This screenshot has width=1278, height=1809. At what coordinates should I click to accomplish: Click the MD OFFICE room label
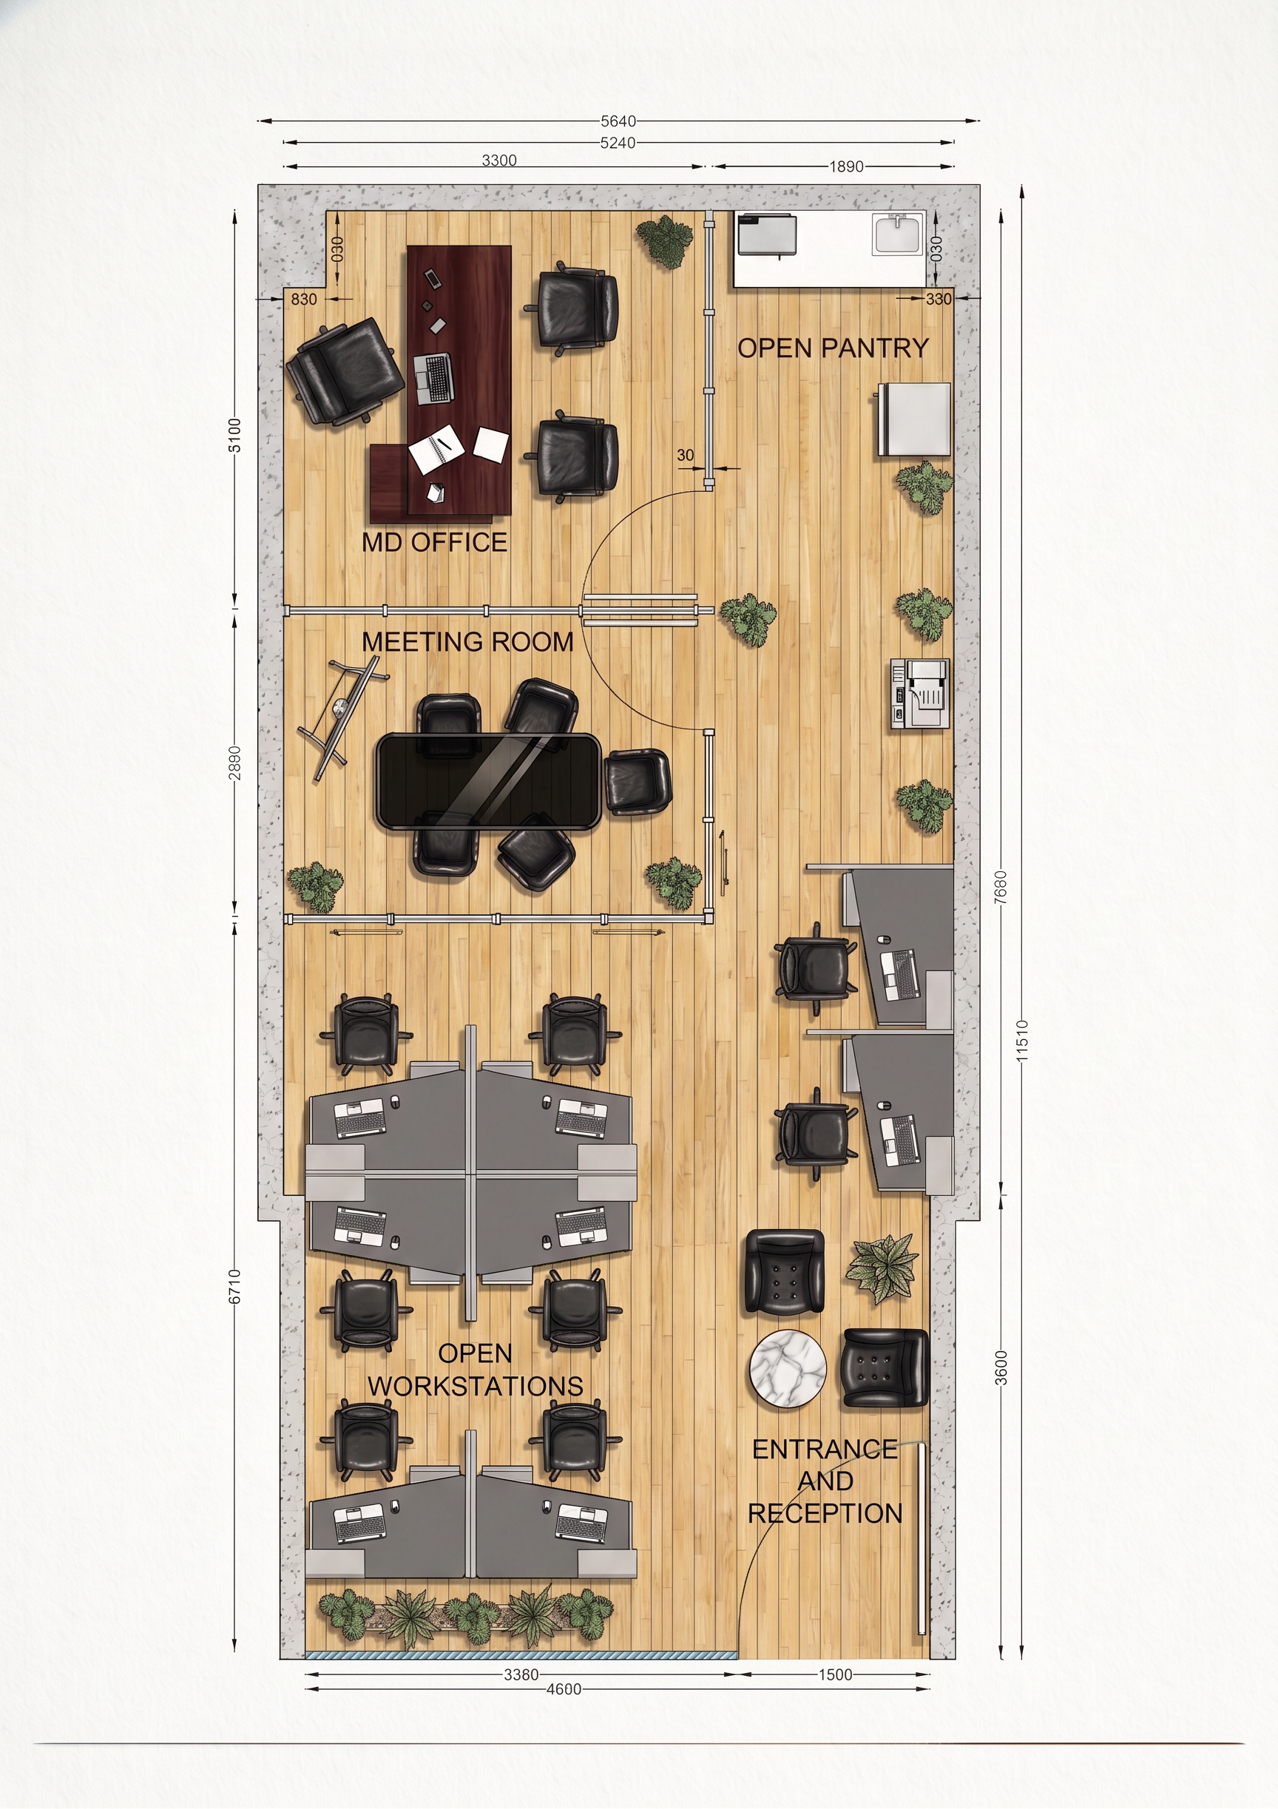click(x=434, y=542)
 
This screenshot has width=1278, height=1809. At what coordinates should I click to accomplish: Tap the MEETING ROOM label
click(x=467, y=642)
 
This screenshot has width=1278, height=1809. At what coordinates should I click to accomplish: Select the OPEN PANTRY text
click(x=833, y=348)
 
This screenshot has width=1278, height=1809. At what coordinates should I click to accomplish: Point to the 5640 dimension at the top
click(x=618, y=121)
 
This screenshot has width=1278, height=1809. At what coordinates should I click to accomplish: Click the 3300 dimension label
click(x=498, y=160)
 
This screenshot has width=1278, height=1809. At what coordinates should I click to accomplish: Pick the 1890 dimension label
click(x=846, y=166)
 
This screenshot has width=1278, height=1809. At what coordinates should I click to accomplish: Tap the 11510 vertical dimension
click(x=1022, y=1040)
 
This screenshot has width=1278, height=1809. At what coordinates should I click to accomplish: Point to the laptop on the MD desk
click(x=433, y=379)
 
